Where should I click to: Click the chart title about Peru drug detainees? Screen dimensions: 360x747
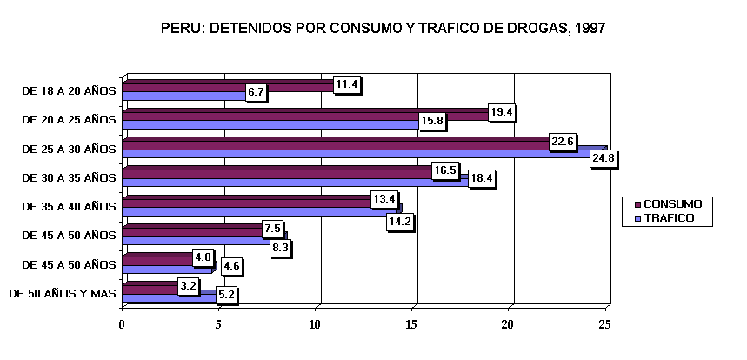383,29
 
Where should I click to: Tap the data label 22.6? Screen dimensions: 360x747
563,142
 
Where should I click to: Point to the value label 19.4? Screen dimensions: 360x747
502,112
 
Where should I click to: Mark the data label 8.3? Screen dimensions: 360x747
280,247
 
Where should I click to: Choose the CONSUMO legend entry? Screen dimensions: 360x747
671,203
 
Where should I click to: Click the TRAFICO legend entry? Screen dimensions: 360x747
668,217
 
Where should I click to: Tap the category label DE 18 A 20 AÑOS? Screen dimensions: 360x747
69,89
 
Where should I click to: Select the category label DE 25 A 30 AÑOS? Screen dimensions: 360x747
69,148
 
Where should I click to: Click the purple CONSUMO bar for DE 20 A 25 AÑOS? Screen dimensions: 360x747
304,114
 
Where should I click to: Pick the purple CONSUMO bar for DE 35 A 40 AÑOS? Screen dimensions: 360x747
243,202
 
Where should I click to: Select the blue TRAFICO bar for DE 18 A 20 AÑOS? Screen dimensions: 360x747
183,95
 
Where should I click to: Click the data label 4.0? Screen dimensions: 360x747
203,258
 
